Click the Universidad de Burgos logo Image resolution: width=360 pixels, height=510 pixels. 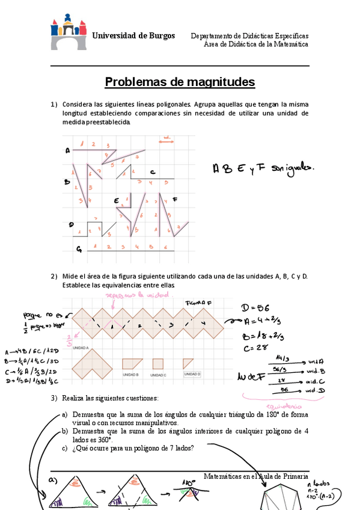(69, 32)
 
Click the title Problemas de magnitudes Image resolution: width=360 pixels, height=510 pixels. (180, 82)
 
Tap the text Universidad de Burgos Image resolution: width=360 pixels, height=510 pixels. (133, 35)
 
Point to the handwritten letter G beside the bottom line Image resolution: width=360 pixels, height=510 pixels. (79, 248)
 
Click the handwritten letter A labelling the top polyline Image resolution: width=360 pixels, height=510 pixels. (68, 150)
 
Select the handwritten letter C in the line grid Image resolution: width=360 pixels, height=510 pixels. (153, 171)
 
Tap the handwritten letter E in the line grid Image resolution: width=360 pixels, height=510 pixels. (116, 200)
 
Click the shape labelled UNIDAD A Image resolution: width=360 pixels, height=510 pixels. (91, 364)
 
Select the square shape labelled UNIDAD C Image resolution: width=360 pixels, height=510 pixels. (158, 363)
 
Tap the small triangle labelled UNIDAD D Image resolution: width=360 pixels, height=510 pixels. (188, 363)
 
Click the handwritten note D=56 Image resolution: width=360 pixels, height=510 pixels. (255, 309)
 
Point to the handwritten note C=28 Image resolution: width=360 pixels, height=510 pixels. (252, 348)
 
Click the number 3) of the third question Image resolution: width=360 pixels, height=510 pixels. (53, 398)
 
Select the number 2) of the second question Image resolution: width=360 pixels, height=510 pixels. (53, 276)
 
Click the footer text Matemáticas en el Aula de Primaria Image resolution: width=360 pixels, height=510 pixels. (256, 476)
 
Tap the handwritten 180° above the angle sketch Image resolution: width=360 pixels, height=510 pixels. (188, 481)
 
